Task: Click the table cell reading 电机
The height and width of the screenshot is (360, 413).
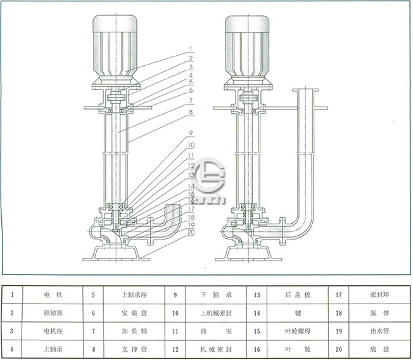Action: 53,295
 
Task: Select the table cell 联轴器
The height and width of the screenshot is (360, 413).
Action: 53,312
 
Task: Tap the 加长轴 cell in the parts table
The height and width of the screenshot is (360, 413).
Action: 135,331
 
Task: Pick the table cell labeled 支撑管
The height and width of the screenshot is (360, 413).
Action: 135,349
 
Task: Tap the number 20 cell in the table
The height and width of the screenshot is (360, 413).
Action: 339,349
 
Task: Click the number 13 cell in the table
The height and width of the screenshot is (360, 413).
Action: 257,295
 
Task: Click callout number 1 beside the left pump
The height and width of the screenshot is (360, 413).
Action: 190,48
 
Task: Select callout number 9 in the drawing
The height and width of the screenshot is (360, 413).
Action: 190,133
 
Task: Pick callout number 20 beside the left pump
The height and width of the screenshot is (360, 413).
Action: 190,232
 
